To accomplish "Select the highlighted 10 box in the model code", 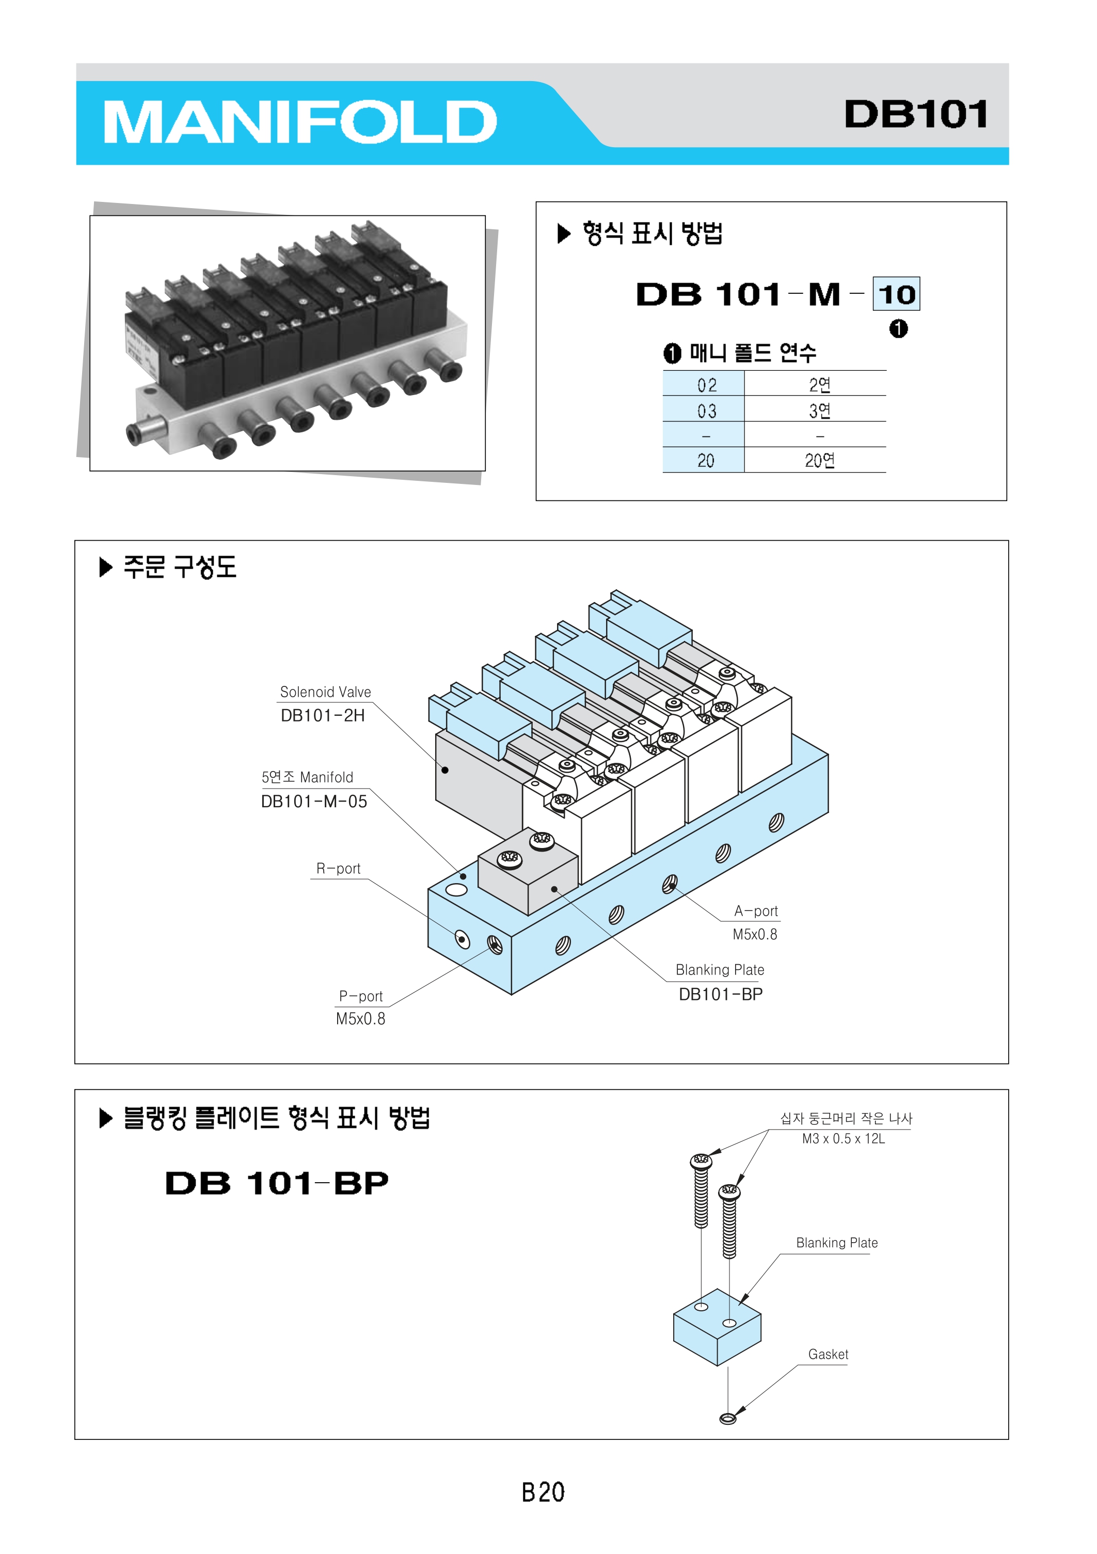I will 896,294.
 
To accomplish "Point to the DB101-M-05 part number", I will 314,802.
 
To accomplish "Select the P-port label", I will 361,997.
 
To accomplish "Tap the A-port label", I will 756,912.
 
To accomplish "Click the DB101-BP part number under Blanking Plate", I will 721,994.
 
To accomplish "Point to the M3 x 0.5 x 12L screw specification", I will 843,1139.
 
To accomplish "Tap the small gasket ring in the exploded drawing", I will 727,1419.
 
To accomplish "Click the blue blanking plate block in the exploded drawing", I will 717,1328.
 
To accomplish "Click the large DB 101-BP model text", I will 277,1184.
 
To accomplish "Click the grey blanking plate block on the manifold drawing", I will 528,876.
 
